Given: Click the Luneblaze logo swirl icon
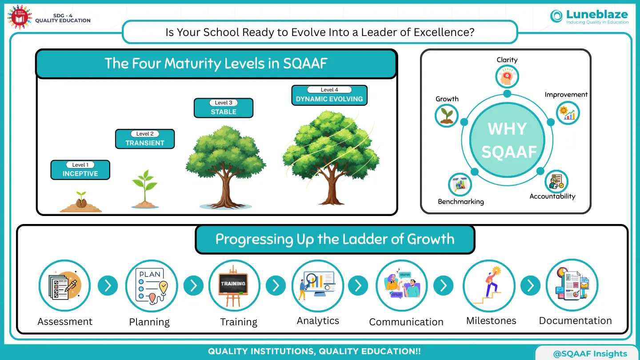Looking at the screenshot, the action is point(556,16).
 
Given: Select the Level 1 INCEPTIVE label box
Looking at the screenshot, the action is point(80,170).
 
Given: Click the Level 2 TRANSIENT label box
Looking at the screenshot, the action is point(145,139).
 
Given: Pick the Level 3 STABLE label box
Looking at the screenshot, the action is point(224,108).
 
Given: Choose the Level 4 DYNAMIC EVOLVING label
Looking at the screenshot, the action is point(329,95).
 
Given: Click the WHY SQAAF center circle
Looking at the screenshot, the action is point(507,140).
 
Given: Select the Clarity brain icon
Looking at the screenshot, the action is point(507,76).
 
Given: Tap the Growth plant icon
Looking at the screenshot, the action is point(447,116).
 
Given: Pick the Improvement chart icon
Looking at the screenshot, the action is point(568,113).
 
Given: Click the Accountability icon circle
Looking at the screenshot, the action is point(556,182).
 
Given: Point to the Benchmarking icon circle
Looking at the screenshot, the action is point(460,184).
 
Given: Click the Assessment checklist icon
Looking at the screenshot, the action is point(64,285).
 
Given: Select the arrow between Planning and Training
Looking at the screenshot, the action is point(193,285).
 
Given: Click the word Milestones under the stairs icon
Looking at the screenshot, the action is point(491,320).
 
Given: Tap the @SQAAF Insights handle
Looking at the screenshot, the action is point(590,354).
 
